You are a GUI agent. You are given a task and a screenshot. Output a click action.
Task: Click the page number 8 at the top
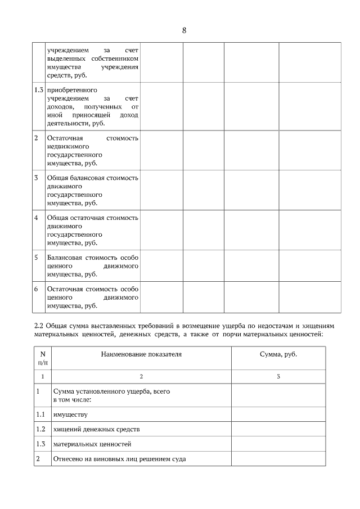click(184, 30)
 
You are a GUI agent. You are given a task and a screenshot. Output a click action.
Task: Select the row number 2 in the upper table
click(36, 138)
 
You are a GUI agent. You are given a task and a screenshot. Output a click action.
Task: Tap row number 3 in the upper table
click(36, 178)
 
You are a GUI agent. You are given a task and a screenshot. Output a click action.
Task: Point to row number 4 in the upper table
click(36, 218)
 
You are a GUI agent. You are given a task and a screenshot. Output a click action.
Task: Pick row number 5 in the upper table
click(36, 258)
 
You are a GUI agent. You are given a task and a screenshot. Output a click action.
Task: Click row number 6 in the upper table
click(36, 289)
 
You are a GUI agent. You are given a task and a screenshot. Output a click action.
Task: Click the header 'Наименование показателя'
click(141, 354)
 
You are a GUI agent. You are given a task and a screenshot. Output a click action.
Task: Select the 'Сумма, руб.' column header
click(278, 354)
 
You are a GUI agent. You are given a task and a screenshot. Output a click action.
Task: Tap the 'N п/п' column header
click(42, 358)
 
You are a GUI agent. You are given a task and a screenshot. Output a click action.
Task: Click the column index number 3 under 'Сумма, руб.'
click(278, 376)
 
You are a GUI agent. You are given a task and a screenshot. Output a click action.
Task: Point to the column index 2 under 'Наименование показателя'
click(141, 376)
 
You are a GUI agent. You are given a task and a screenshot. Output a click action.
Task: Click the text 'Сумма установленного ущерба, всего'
click(111, 391)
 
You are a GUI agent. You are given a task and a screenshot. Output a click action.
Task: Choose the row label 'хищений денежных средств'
click(96, 429)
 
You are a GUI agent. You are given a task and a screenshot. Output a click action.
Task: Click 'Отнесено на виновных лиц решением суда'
click(119, 458)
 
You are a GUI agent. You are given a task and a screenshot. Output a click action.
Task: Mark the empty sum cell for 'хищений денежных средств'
click(278, 429)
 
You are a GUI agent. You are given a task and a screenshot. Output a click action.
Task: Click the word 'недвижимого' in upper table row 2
click(68, 146)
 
